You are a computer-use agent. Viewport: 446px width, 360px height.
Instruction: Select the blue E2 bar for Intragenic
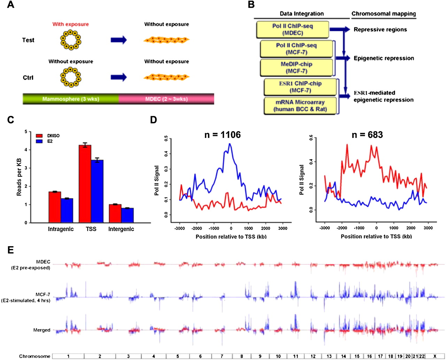click(x=67, y=210)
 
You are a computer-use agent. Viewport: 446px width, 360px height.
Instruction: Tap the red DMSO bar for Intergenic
click(x=115, y=213)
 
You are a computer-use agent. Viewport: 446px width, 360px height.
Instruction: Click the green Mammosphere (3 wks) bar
click(x=71, y=99)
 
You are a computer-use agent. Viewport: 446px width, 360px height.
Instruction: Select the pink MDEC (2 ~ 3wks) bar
click(x=166, y=99)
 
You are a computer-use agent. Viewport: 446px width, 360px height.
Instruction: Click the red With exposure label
click(x=70, y=24)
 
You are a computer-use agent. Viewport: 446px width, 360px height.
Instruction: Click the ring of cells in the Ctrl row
click(x=71, y=77)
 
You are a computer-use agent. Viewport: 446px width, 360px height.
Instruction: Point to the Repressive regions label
click(x=380, y=30)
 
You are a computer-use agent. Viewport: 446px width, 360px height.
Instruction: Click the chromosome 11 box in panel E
click(x=295, y=356)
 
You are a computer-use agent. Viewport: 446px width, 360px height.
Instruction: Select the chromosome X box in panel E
click(x=435, y=356)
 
